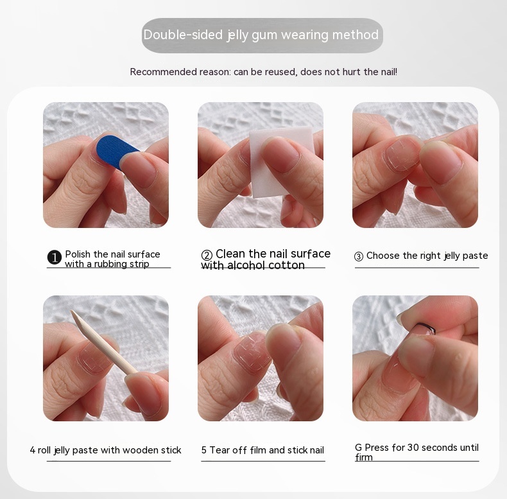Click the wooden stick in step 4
tap(103, 342)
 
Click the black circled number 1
tap(55, 258)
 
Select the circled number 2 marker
tap(207, 255)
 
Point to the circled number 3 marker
tap(359, 257)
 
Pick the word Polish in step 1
tap(78, 254)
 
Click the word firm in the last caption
tap(363, 457)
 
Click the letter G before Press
tap(358, 448)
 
